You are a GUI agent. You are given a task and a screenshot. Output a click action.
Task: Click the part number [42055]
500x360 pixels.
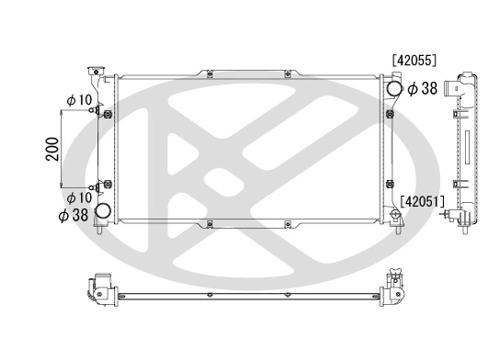tap(414, 60)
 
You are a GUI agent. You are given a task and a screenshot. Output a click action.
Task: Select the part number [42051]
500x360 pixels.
tap(423, 201)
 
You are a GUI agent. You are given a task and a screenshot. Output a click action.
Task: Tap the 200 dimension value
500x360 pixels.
tap(52, 149)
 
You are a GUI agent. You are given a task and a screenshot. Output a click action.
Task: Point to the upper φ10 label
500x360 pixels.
tap(79, 99)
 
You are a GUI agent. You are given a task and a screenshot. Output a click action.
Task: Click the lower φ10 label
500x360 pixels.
tap(79, 197)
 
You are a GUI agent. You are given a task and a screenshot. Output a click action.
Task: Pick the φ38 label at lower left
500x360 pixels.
tap(74, 216)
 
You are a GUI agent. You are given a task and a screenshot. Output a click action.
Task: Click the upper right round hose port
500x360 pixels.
tap(394, 88)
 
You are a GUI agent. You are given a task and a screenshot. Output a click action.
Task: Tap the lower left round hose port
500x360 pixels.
tap(103, 212)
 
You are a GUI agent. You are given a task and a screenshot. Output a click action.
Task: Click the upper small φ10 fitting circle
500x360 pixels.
tap(92, 112)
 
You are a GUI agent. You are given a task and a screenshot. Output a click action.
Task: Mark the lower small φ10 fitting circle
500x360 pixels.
tap(92, 186)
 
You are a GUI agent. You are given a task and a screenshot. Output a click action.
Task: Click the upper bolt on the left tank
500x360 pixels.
tap(108, 115)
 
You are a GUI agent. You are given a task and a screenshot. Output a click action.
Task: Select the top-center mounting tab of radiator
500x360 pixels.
tap(210, 73)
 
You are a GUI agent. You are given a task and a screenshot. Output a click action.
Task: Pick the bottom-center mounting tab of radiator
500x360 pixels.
tap(210, 225)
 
